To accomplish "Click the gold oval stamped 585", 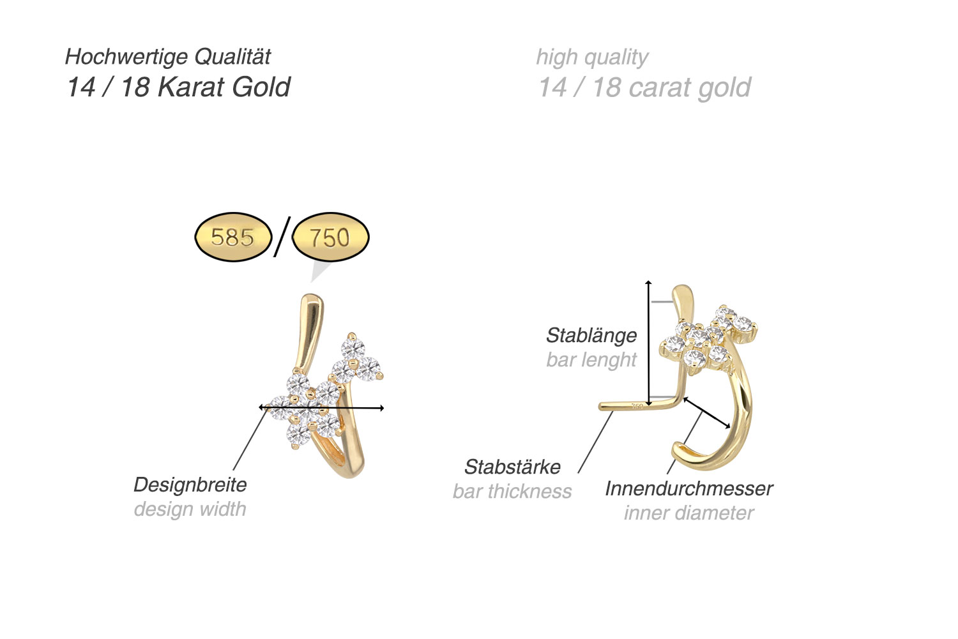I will tap(232, 237).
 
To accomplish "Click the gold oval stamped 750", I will tap(330, 237).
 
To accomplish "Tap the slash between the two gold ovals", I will tap(282, 236).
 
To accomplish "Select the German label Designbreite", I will tap(190, 485).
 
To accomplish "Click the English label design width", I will tap(190, 509).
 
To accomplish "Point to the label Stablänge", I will tap(591, 335).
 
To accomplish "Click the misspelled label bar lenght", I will tap(591, 359).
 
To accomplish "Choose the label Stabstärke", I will tap(512, 467).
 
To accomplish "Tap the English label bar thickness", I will tap(512, 491).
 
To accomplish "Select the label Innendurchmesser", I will tap(688, 488).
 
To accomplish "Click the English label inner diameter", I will tap(688, 513).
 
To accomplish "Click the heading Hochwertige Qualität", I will tap(168, 57).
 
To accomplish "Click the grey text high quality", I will tap(592, 57).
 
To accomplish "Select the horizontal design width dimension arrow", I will tap(321, 407).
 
